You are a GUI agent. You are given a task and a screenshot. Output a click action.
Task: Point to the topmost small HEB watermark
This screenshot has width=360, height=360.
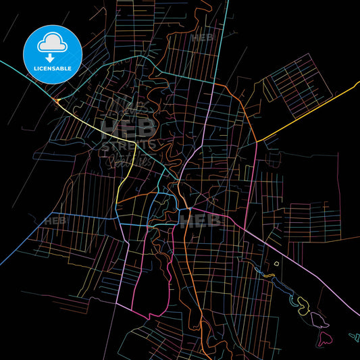click(202, 38)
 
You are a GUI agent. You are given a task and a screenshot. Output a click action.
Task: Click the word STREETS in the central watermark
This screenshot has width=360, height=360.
click(129, 145)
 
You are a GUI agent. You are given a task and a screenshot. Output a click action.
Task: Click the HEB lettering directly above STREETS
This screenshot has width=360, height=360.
click(128, 127)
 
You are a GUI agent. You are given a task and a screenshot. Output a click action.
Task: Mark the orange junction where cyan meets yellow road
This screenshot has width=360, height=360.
click(57, 101)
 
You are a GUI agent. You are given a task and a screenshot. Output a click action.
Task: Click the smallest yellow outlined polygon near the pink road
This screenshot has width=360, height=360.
click(276, 263)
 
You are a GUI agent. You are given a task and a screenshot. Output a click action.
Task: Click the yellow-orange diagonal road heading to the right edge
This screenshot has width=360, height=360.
click(311, 111)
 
